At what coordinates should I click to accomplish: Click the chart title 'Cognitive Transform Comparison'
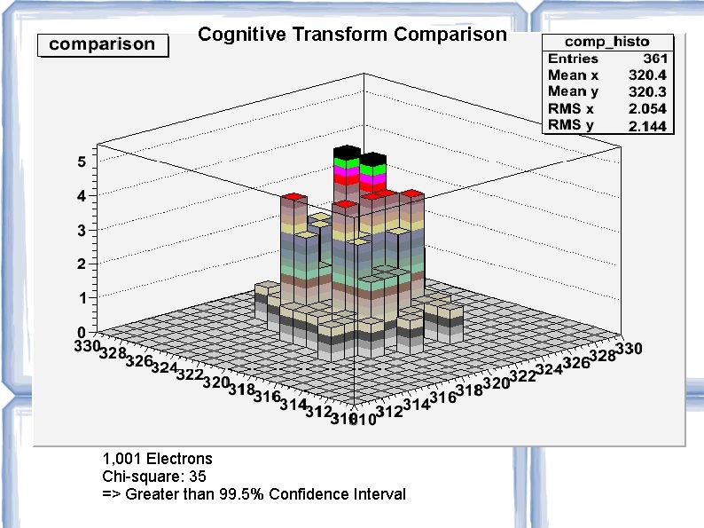tap(352, 35)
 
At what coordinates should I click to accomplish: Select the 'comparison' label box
tap(102, 44)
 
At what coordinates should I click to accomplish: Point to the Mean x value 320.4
tap(647, 75)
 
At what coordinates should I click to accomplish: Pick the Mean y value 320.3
tap(647, 91)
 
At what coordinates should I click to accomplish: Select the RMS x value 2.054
tap(647, 108)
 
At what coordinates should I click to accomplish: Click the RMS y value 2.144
tap(647, 126)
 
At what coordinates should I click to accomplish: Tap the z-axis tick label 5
tap(82, 162)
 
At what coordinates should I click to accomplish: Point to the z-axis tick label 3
tap(82, 231)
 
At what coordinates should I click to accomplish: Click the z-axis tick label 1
tap(82, 299)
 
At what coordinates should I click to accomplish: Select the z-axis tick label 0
tap(82, 333)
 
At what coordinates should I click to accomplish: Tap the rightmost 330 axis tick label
tap(629, 349)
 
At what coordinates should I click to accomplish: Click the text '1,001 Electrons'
tap(158, 459)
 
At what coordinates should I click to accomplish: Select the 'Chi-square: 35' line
tap(154, 477)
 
